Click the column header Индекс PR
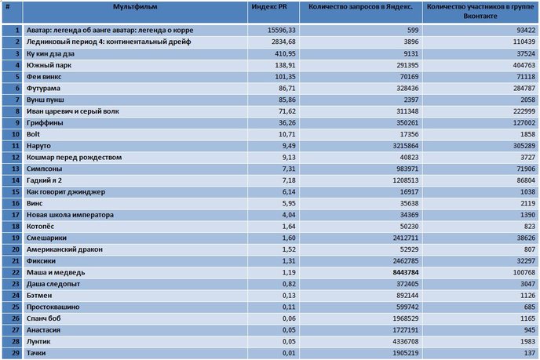click(x=269, y=7)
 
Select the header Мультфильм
click(x=135, y=7)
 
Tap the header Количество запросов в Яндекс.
click(x=360, y=7)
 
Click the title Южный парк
click(x=49, y=65)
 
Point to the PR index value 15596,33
click(x=281, y=31)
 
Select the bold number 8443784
click(x=406, y=273)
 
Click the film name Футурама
click(x=43, y=88)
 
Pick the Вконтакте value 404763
click(x=524, y=65)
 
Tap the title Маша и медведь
click(x=56, y=273)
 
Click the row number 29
click(x=16, y=353)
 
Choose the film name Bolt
click(x=33, y=134)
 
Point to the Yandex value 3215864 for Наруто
click(x=406, y=146)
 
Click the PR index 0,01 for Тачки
click(x=289, y=353)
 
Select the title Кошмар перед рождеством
click(x=74, y=158)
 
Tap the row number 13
click(x=16, y=169)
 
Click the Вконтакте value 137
click(x=530, y=353)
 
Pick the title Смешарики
click(x=46, y=238)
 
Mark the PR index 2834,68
click(x=283, y=42)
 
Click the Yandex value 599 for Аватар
click(x=413, y=31)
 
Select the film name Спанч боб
click(x=43, y=318)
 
